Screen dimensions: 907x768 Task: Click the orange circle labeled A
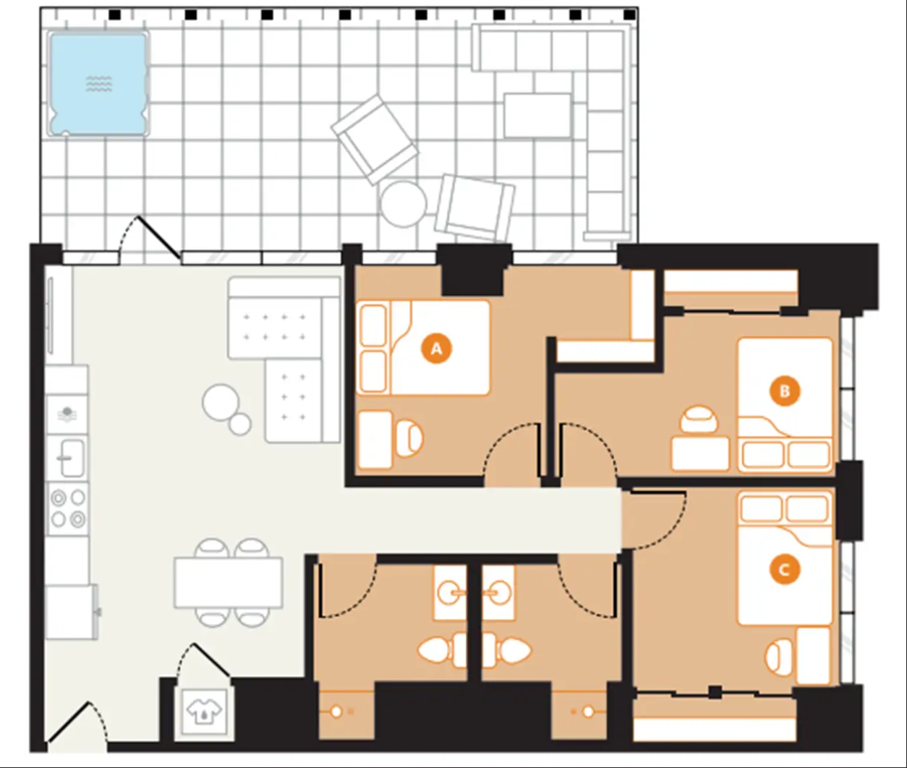click(436, 349)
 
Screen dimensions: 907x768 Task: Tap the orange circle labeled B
click(785, 391)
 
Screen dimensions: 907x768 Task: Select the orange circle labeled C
click(784, 570)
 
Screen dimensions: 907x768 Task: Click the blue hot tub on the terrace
click(99, 83)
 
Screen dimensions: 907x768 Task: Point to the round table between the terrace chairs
click(404, 205)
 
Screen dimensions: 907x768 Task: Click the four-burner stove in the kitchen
click(67, 508)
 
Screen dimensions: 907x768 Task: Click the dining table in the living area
click(228, 582)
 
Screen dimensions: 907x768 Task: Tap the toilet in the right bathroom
click(507, 650)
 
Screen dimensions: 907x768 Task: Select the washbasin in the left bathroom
click(451, 593)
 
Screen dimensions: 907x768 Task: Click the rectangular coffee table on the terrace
click(537, 116)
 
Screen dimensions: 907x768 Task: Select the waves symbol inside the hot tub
click(99, 83)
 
